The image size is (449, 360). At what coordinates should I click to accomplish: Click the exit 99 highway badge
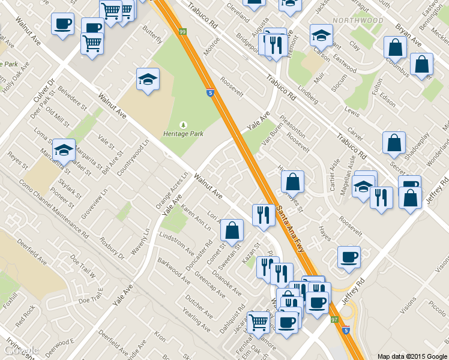(181, 30)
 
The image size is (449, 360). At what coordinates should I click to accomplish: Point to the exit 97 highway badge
(334, 320)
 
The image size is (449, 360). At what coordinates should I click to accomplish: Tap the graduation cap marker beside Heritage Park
(147, 79)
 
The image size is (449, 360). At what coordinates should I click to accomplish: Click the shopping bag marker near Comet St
(232, 229)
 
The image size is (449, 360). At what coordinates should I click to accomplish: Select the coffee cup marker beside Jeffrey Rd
(349, 257)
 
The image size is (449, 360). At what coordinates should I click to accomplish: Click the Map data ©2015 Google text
(412, 356)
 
